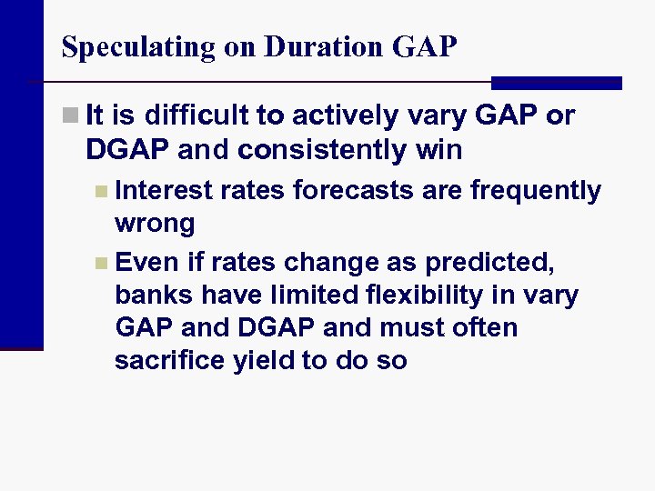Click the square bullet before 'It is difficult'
[x=69, y=116]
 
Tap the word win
[x=439, y=150]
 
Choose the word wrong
[x=155, y=224]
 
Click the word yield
[x=255, y=361]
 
